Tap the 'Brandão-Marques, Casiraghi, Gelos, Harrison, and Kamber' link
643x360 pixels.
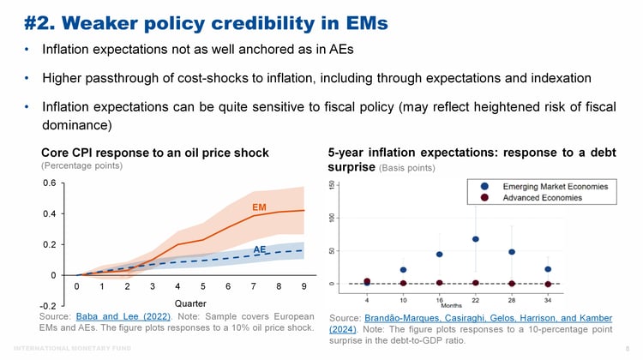tap(470, 319)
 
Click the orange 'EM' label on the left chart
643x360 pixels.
tap(260, 207)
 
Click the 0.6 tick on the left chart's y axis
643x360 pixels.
tap(50, 183)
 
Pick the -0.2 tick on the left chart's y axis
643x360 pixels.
tap(48, 306)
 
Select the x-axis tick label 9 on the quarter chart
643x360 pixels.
tap(303, 286)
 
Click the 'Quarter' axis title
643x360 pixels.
tap(189, 303)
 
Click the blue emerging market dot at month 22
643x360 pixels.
tap(475, 239)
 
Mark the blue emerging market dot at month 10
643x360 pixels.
tap(403, 270)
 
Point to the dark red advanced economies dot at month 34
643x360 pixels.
tap(548, 284)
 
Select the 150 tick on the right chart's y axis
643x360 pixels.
tap(333, 186)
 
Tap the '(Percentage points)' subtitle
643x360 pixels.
tap(82, 165)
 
